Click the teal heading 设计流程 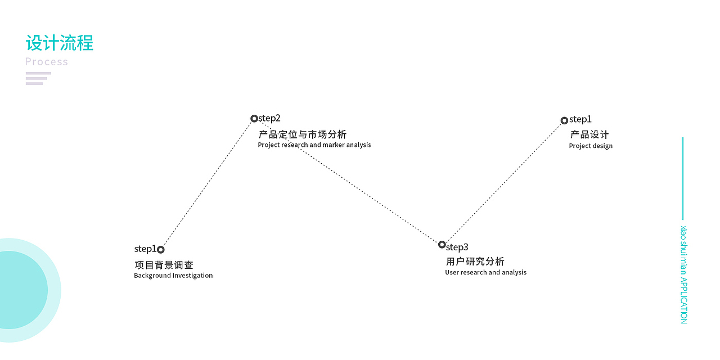(60, 43)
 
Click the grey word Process (47, 62)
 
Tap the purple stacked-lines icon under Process (37, 78)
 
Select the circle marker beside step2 (254, 119)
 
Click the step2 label (269, 118)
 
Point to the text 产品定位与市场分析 (303, 134)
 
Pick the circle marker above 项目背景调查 (161, 250)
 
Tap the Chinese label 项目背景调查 (164, 265)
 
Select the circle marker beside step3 (442, 245)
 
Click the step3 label (457, 247)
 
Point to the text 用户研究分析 (475, 262)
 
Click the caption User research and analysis (486, 273)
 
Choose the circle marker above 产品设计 (564, 120)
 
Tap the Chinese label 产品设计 (589, 135)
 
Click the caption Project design (591, 146)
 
